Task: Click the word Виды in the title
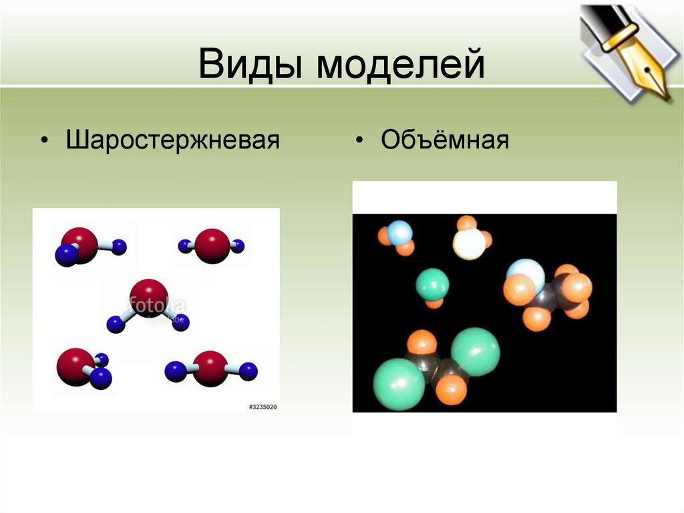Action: click(x=253, y=66)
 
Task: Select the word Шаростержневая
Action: click(x=172, y=141)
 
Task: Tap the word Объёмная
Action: click(x=445, y=141)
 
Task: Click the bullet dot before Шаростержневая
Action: click(x=44, y=142)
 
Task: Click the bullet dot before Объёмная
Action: click(x=359, y=142)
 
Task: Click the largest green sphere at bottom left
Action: click(x=399, y=384)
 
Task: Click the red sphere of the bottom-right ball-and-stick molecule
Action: click(x=211, y=368)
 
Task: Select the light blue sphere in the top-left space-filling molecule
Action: click(x=400, y=233)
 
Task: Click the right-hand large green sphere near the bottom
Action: click(x=475, y=351)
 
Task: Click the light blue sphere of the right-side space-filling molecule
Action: click(x=525, y=274)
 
